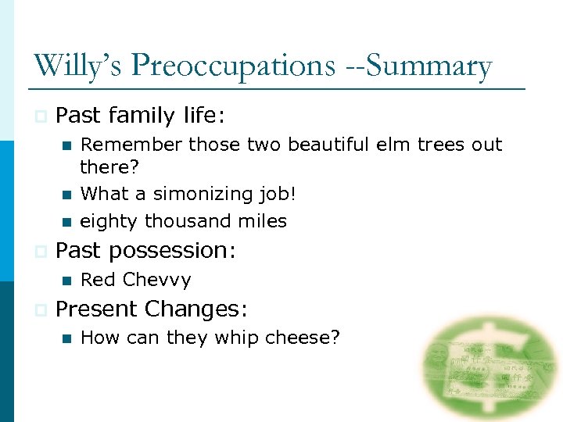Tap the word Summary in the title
tap(429, 66)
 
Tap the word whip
tap(236, 338)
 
